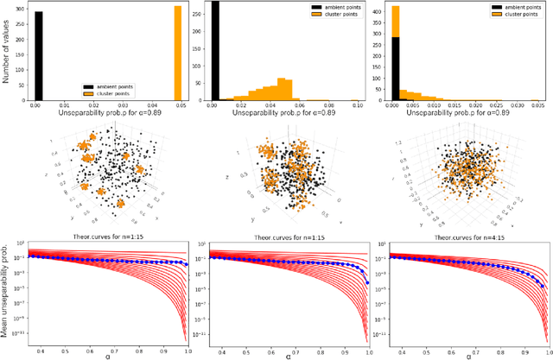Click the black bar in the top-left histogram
coord(38,56)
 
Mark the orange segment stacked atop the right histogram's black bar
coord(396,22)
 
